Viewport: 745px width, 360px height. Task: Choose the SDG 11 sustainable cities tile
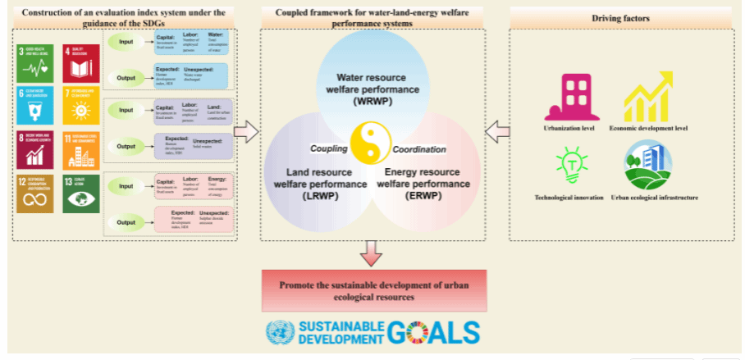pyautogui.click(x=80, y=149)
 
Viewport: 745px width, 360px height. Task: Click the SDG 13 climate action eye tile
pyautogui.click(x=80, y=194)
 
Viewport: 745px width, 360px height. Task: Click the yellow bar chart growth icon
pyautogui.click(x=648, y=97)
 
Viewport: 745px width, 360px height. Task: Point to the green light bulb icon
pyautogui.click(x=569, y=164)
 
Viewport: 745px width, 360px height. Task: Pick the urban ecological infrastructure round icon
pyautogui.click(x=648, y=163)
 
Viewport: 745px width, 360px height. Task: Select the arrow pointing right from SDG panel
pyautogui.click(x=246, y=130)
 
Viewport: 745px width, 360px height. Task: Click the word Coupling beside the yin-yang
pyautogui.click(x=329, y=149)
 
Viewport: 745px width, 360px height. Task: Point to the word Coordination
pyautogui.click(x=419, y=149)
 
